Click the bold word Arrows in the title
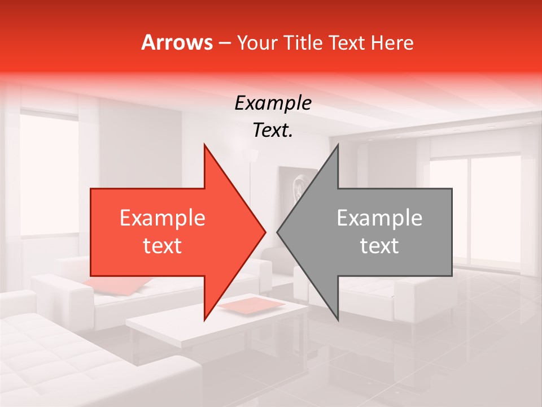click(177, 42)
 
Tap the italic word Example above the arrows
click(273, 103)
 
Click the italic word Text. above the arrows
click(273, 131)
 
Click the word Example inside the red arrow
click(162, 218)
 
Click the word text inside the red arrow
click(162, 246)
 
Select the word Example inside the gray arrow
click(379, 218)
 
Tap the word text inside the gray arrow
click(379, 246)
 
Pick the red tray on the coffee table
click(252, 305)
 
